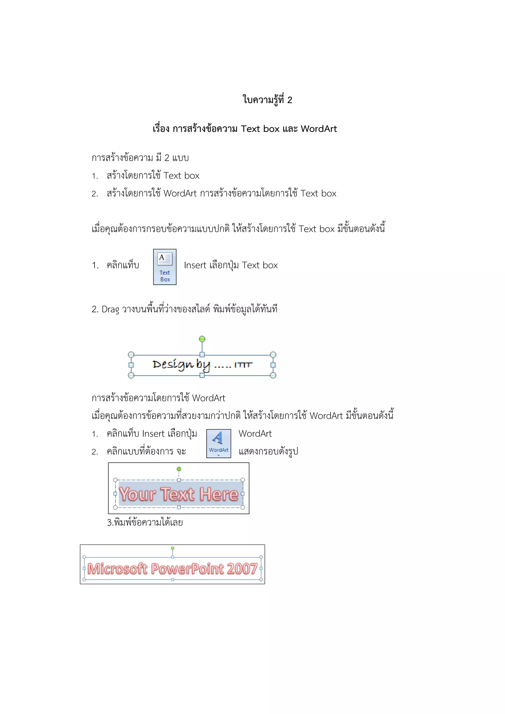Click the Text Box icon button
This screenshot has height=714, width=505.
click(164, 267)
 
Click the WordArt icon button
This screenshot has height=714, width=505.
click(219, 444)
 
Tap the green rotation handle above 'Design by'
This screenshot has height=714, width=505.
click(202, 339)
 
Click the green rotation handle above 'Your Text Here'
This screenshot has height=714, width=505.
click(179, 469)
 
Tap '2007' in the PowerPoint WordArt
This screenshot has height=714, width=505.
click(242, 569)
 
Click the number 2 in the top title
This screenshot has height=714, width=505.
click(289, 100)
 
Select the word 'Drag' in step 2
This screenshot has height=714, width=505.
click(110, 309)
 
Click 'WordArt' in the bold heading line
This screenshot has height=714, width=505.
click(319, 129)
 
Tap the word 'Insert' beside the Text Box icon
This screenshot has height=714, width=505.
click(195, 265)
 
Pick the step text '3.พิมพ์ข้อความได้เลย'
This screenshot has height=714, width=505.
click(145, 522)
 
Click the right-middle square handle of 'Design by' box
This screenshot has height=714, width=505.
click(273, 365)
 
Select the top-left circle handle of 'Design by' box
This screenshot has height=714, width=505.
click(131, 355)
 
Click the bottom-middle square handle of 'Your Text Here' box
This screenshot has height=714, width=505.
click(179, 507)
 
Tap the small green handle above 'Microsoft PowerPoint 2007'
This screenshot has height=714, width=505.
click(173, 548)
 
